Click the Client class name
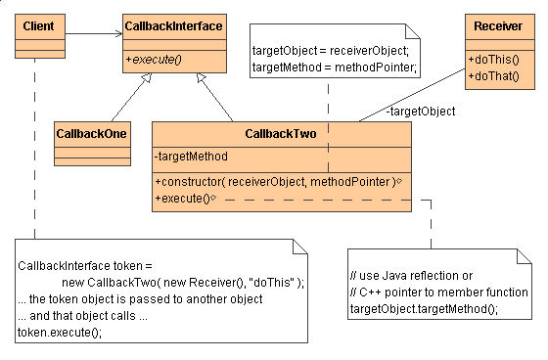click(x=37, y=23)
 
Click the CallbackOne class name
click(x=93, y=131)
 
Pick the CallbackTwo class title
click(x=282, y=133)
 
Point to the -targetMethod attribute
click(x=192, y=156)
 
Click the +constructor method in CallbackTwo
click(x=274, y=180)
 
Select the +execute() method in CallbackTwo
click(x=184, y=197)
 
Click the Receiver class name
click(x=497, y=23)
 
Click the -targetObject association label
click(x=421, y=112)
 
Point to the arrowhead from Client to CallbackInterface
click(x=116, y=32)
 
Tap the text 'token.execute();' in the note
click(x=59, y=332)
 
